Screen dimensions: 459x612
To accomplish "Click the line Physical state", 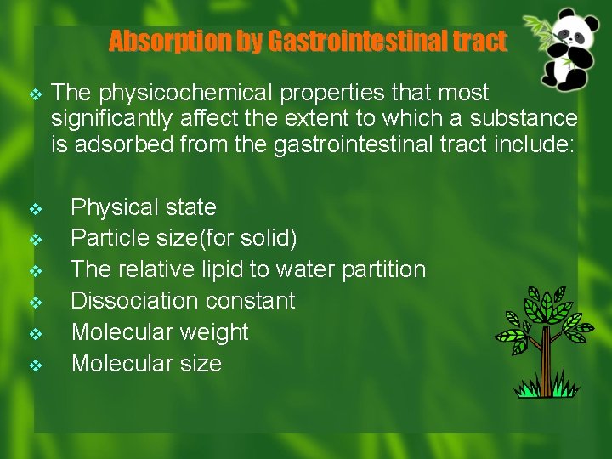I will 144,207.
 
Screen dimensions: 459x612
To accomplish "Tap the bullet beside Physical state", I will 35,208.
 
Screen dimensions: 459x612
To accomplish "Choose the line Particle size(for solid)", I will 184,239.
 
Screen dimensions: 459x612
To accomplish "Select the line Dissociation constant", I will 183,301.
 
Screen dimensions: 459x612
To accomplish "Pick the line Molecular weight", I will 160,332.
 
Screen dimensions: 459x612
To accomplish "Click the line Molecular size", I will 146,364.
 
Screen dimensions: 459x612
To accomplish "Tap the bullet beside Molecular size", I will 35,365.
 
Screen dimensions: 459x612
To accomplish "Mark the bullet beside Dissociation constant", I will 35,302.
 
